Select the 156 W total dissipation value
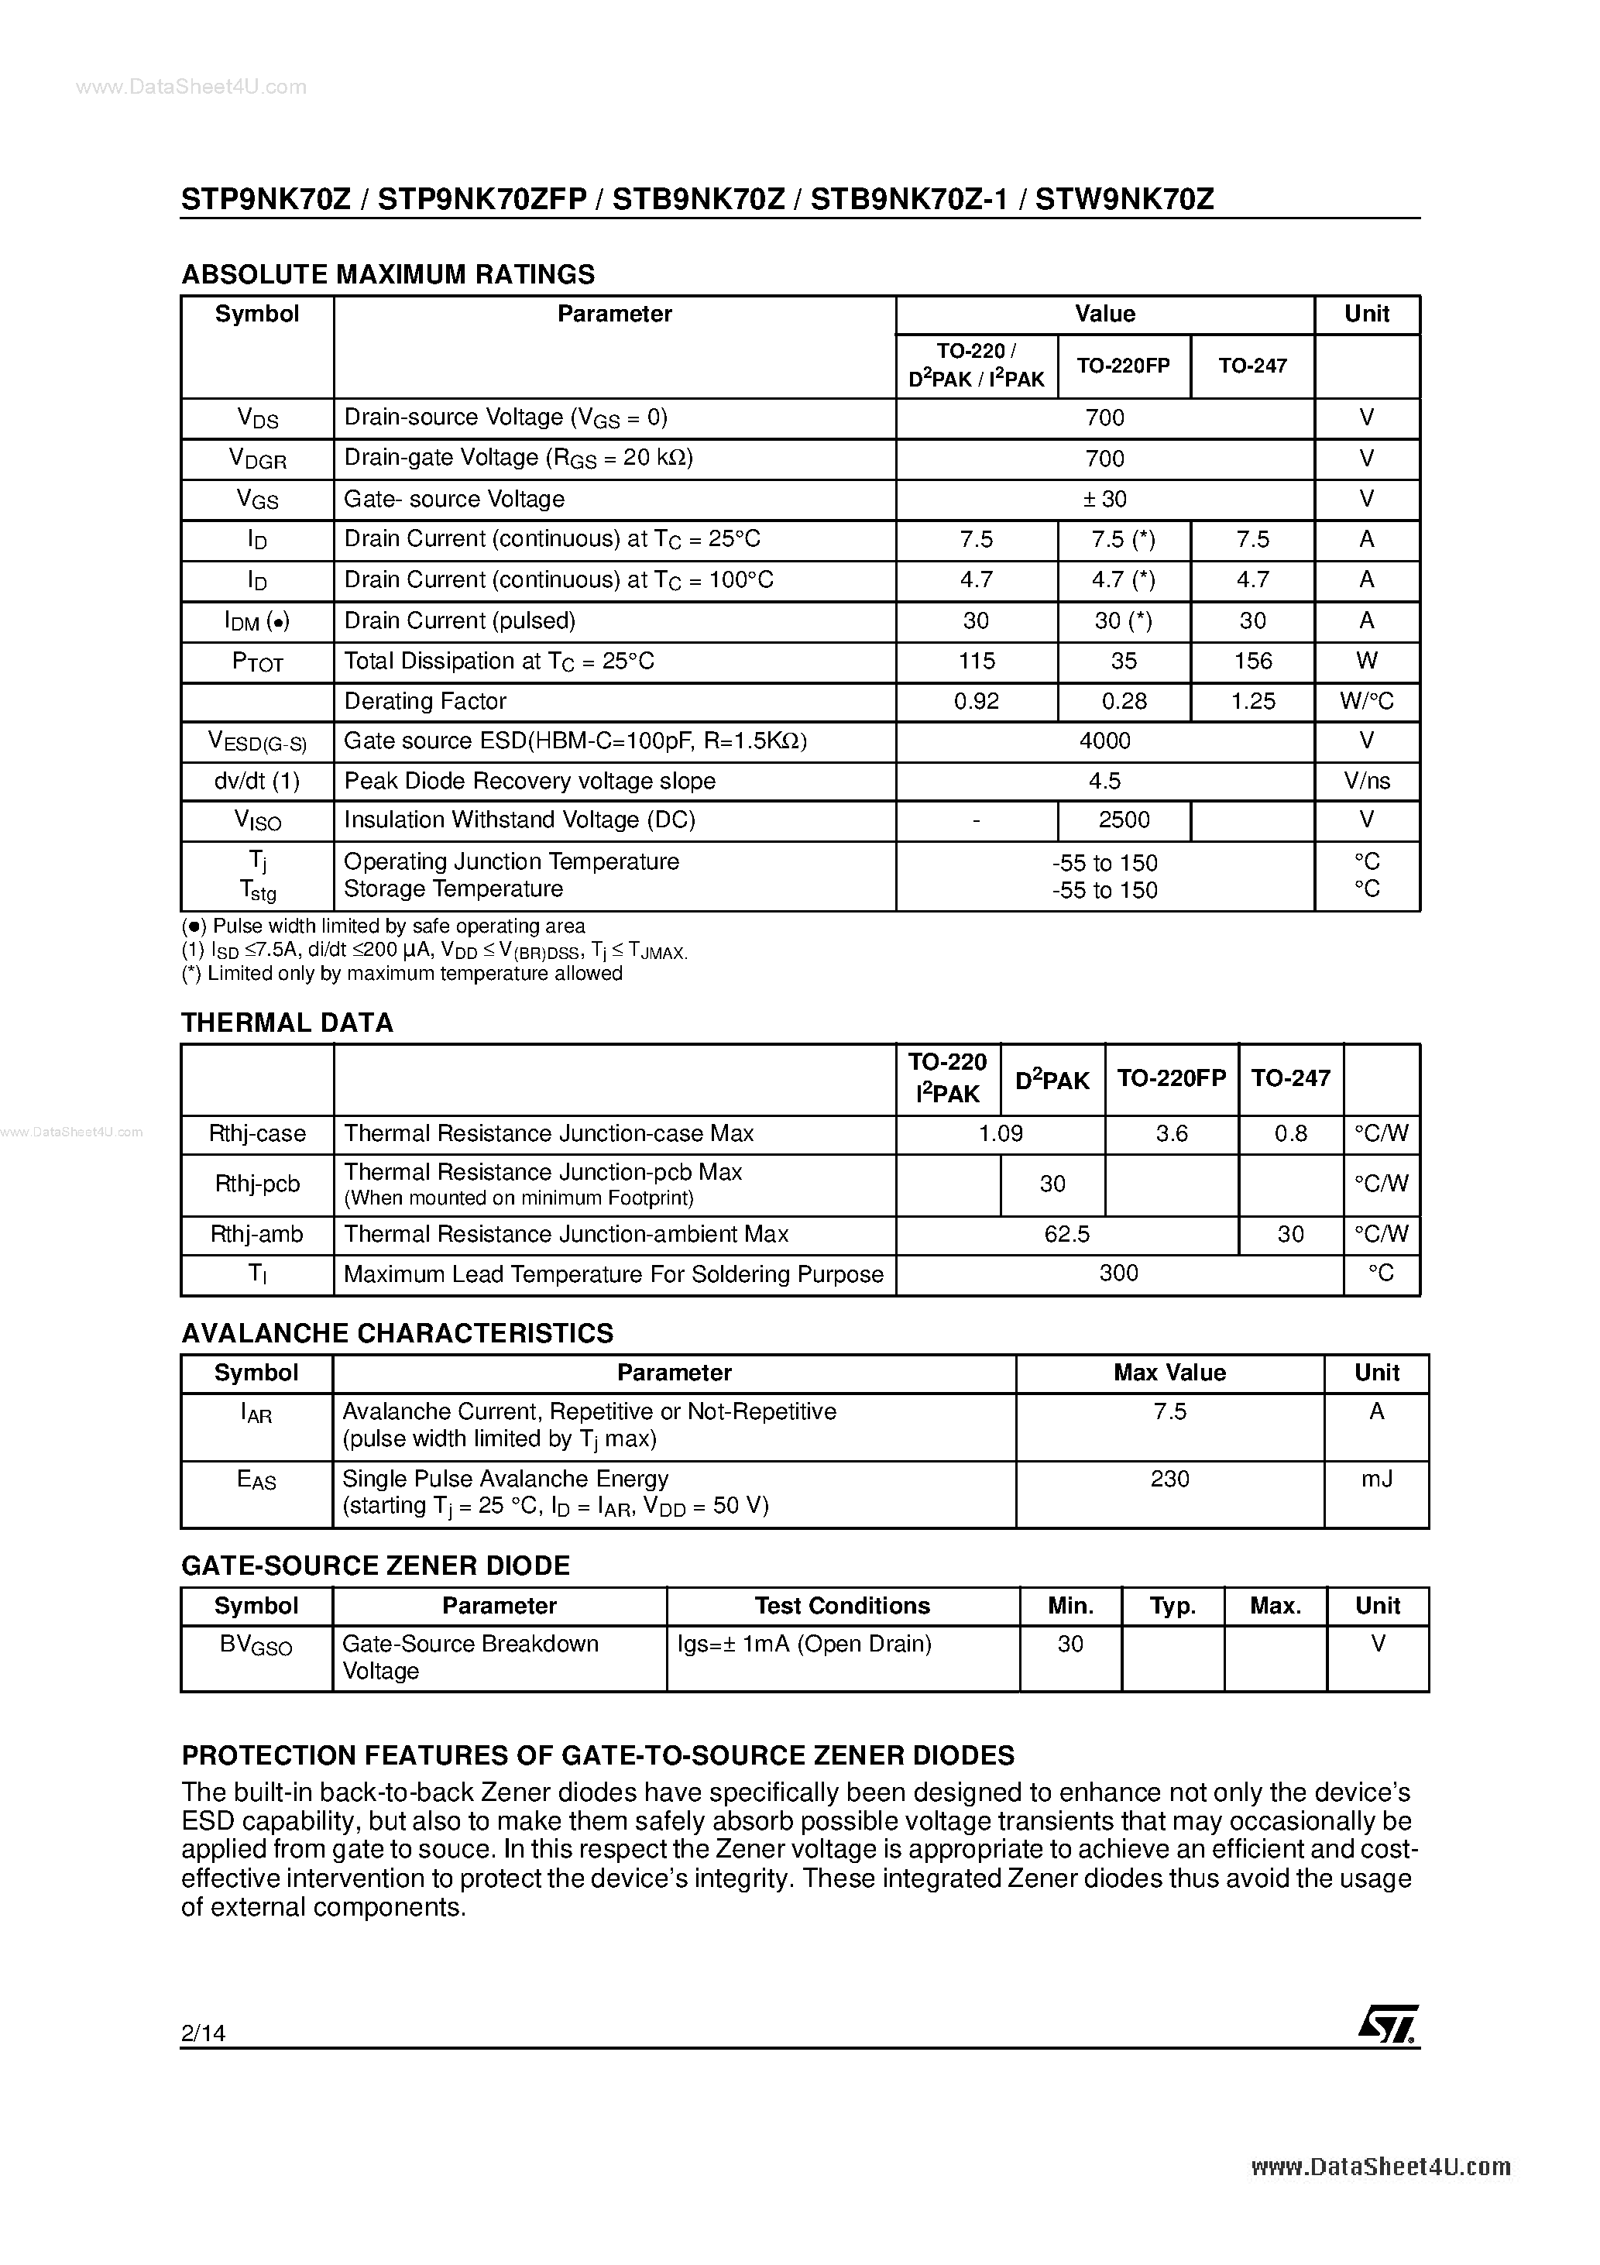pyautogui.click(x=1253, y=661)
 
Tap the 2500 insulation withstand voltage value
pyautogui.click(x=1124, y=820)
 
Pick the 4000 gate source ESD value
pyautogui.click(x=1105, y=741)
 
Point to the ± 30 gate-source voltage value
pyautogui.click(x=1105, y=499)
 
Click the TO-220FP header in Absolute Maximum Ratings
pyautogui.click(x=1124, y=365)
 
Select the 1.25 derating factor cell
pyautogui.click(x=1253, y=701)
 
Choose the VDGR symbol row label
pyautogui.click(x=257, y=459)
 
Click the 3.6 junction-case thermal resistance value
pyautogui.click(x=1171, y=1133)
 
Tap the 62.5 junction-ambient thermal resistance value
pyautogui.click(x=1066, y=1234)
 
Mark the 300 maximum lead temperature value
pyautogui.click(x=1118, y=1273)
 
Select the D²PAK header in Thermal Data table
pyautogui.click(x=1052, y=1079)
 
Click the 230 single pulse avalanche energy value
pyautogui.click(x=1170, y=1479)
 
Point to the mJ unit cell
pyautogui.click(x=1376, y=1479)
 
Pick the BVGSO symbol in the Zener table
pyautogui.click(x=256, y=1645)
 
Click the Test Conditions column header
pyautogui.click(x=843, y=1605)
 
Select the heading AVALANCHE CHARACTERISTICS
pyautogui.click(x=397, y=1333)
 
